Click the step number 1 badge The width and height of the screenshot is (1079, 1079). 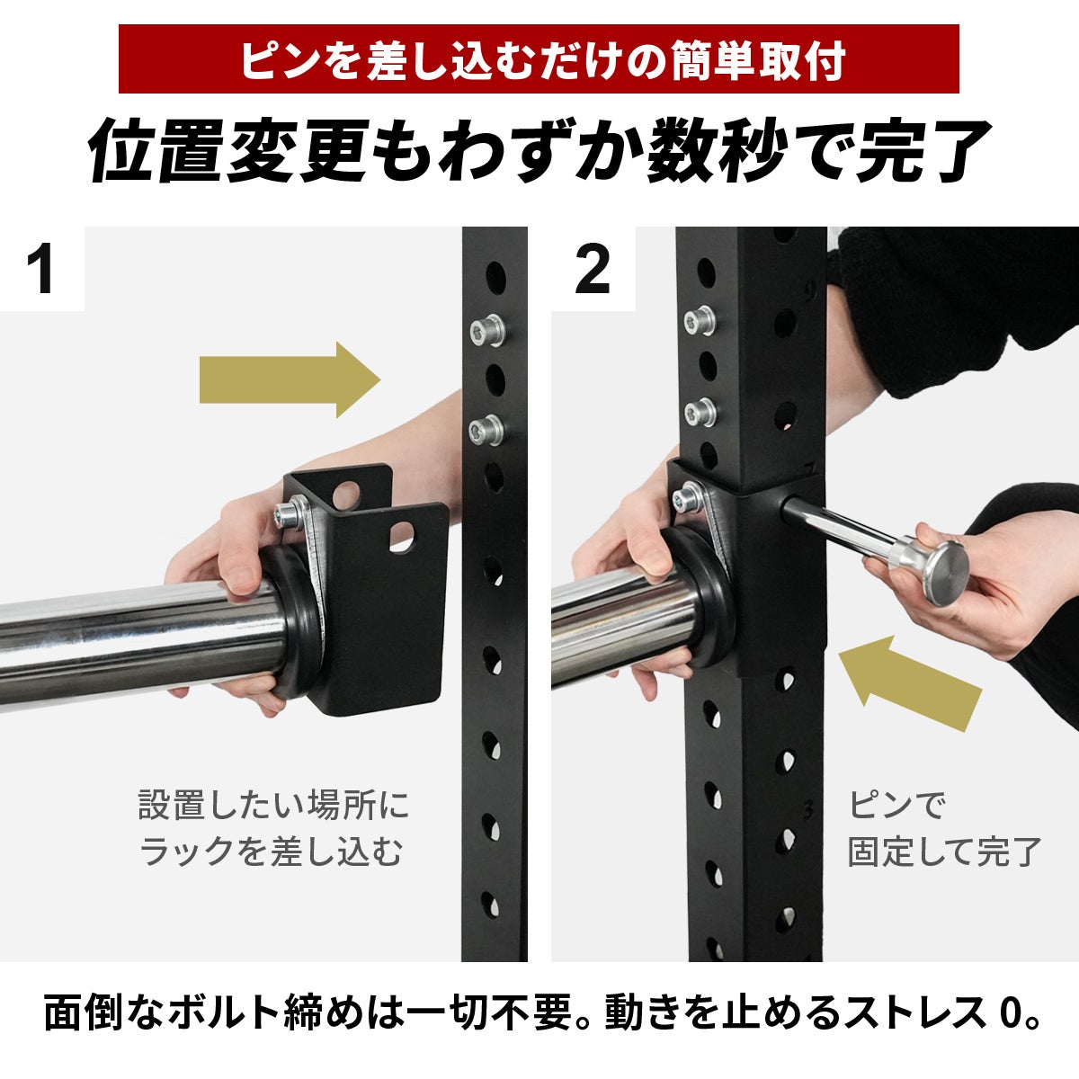point(42,269)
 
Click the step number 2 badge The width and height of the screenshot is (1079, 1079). point(593,269)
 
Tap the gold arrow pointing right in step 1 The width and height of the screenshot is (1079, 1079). point(290,380)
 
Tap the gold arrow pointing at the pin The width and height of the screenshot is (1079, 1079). point(913,684)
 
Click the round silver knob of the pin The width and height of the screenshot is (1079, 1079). point(941,571)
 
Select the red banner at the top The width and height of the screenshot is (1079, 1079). point(539,58)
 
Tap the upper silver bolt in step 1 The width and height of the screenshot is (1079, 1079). point(487,331)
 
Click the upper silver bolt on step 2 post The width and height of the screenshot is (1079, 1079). point(700,321)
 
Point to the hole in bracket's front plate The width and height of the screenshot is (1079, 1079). point(403,537)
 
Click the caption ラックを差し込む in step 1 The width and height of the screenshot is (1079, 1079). point(271,852)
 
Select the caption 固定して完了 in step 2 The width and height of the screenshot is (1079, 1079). point(944,852)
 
